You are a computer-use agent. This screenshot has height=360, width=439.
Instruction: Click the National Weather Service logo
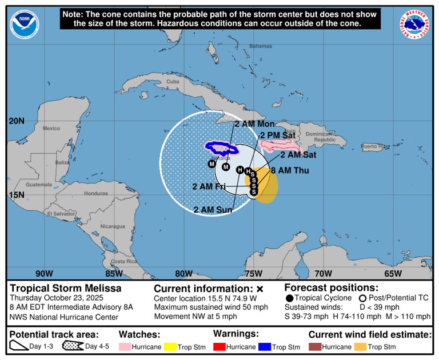[414, 24]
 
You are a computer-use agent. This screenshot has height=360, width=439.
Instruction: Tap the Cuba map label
[173, 82]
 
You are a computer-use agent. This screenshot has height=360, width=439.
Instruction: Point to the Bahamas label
[260, 46]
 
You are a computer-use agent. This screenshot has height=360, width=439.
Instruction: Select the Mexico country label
[51, 128]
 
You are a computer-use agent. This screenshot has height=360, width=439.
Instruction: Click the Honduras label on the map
[95, 193]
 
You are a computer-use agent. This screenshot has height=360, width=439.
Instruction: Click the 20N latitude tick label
[17, 121]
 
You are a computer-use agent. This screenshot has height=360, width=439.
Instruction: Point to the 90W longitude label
[45, 273]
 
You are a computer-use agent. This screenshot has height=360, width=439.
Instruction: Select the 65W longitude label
[393, 273]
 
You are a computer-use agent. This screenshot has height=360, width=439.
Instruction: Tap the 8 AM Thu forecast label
[290, 170]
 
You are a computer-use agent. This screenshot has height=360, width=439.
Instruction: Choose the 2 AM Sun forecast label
[212, 210]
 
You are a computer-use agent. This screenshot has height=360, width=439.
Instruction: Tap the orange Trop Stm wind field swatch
[360, 347]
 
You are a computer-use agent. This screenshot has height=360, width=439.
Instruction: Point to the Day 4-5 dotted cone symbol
[73, 346]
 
